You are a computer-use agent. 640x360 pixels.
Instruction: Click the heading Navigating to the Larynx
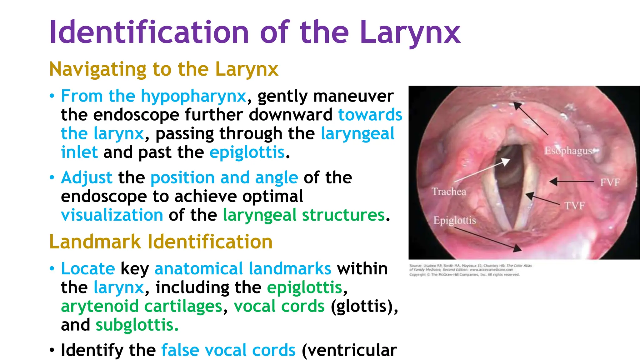pos(164,69)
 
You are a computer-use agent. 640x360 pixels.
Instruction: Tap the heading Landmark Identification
pos(161,242)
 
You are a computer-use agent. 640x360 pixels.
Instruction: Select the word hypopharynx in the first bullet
pos(193,96)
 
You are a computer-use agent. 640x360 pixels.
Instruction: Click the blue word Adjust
pos(87,178)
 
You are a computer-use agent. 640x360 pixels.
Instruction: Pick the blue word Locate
pos(88,269)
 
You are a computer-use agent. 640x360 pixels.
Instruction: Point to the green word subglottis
pos(137,325)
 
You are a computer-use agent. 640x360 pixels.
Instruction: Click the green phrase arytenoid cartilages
pos(142,306)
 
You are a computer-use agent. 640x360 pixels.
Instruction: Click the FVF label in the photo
pos(610,182)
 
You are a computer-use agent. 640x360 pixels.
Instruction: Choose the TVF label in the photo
pos(574,206)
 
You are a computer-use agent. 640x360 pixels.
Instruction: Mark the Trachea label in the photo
pos(449,192)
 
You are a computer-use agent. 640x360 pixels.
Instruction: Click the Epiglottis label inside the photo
pos(455,221)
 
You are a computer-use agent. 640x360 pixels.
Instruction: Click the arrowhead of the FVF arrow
pos(554,181)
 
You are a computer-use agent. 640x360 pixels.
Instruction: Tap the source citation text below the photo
pos(470,270)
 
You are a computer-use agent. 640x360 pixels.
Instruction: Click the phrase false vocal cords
pos(228,350)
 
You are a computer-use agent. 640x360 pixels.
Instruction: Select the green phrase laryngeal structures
pos(304,215)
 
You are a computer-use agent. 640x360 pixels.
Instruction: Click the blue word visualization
pos(112,215)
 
